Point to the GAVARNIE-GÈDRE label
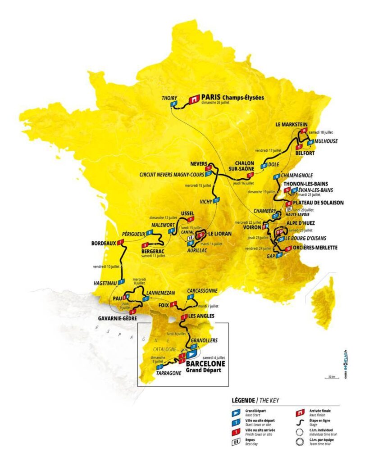pyautogui.click(x=114, y=317)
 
